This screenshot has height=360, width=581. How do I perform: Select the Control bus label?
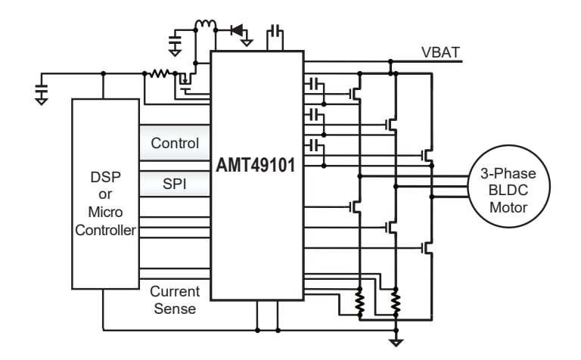(175, 143)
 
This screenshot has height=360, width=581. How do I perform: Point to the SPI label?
(175, 184)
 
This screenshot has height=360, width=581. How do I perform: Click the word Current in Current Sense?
(175, 291)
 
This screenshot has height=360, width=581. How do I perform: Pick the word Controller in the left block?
(106, 230)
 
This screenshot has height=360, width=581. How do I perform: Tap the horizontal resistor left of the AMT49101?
(159, 74)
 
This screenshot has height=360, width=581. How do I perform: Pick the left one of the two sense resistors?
(360, 304)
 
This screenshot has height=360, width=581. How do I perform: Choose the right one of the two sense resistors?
(395, 304)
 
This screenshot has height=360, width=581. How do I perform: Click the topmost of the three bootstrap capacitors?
(315, 83)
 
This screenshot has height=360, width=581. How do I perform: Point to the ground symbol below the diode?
(247, 42)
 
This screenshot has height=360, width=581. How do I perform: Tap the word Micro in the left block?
(106, 212)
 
